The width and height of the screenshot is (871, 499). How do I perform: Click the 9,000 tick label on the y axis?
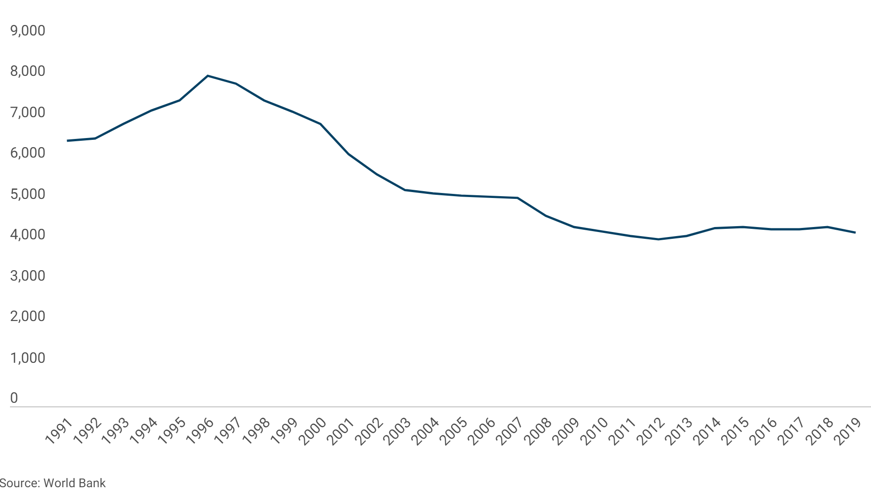[28, 30]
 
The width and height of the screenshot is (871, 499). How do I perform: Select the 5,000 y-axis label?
[28, 194]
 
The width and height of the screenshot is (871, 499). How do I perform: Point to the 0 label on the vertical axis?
[14, 398]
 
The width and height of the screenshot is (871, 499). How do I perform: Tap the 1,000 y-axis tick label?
[28, 358]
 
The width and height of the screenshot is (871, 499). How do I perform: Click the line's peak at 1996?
[208, 76]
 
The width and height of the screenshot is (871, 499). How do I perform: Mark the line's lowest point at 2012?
[658, 239]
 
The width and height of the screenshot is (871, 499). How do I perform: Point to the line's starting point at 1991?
[68, 141]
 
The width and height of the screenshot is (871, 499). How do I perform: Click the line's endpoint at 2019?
[855, 232]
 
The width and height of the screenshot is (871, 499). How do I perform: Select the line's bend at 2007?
[517, 198]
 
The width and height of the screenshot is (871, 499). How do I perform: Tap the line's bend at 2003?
[405, 190]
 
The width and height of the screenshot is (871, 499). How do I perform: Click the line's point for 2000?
[320, 124]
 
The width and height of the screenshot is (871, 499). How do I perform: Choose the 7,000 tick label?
[28, 112]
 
